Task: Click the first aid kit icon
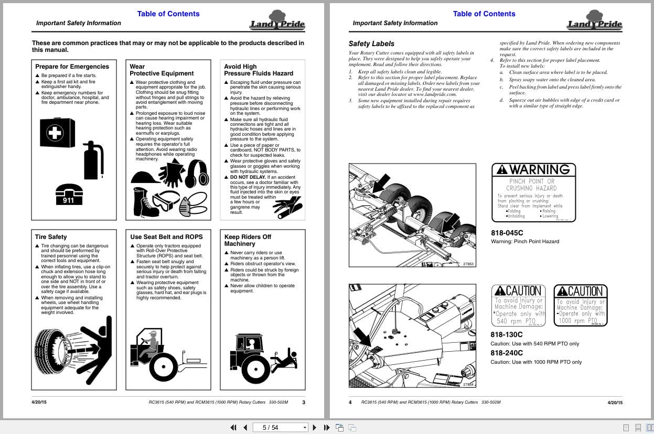[x=57, y=133]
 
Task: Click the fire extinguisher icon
[x=94, y=160]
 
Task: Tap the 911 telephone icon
[x=69, y=193]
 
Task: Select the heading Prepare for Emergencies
[x=72, y=67]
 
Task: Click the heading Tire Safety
[x=51, y=237]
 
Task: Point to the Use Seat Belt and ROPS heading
[x=166, y=237]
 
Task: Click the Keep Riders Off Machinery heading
[x=248, y=240]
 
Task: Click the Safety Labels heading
[x=371, y=44]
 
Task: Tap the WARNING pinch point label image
[x=533, y=192]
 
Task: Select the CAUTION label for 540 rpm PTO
[x=518, y=305]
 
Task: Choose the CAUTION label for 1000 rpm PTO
[x=581, y=305]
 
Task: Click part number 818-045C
[x=507, y=232]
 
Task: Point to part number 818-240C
[x=507, y=353]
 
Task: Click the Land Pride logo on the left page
[x=277, y=21]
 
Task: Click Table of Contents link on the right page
[x=484, y=14]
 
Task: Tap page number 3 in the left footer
[x=304, y=403]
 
